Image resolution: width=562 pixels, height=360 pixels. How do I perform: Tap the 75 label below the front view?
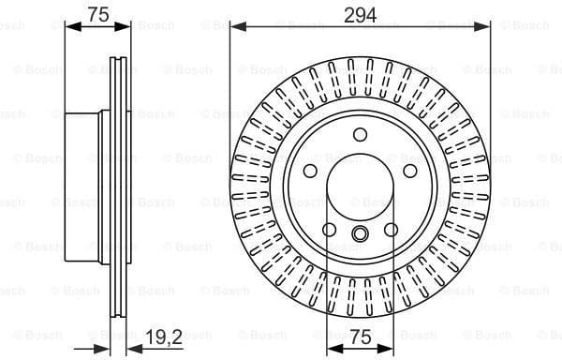[x=361, y=335]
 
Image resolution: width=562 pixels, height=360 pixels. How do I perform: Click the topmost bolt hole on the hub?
[x=361, y=134]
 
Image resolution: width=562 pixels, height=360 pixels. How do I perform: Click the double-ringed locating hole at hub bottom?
[x=361, y=233]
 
